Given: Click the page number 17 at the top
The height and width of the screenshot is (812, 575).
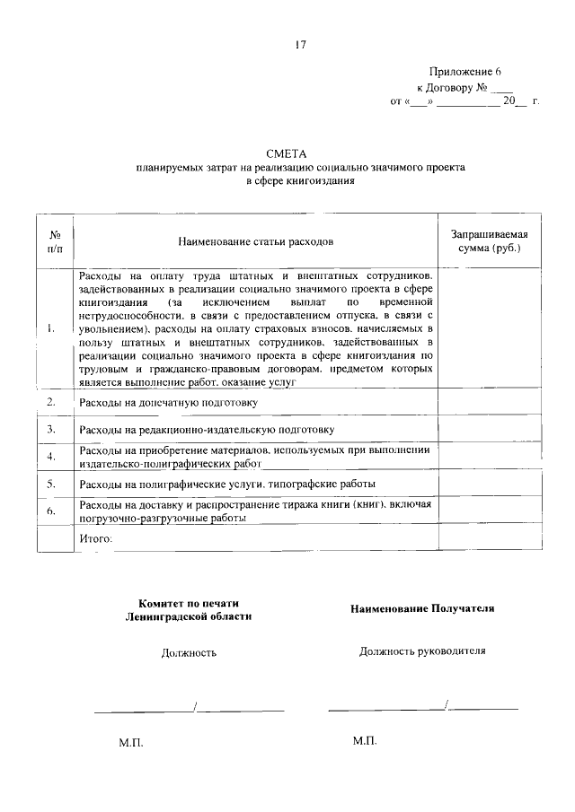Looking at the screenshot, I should click(x=300, y=45).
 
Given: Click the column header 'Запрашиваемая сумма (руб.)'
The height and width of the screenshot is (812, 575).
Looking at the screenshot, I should click(x=488, y=240).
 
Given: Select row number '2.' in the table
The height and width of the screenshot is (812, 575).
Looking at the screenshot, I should click(x=52, y=400).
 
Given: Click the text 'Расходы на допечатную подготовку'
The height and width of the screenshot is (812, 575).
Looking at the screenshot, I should click(x=168, y=402).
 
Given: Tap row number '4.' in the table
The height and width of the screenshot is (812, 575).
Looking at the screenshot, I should click(x=52, y=457).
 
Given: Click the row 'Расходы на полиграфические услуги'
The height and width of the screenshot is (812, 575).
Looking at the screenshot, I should click(x=226, y=484).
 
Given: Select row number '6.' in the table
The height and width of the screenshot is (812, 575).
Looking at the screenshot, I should click(x=52, y=511).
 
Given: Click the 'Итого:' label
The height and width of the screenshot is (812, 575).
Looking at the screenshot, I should click(x=96, y=538).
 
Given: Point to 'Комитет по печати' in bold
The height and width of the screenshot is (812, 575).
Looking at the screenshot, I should click(x=189, y=603).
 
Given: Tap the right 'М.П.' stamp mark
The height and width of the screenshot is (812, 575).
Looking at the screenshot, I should click(x=365, y=742).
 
